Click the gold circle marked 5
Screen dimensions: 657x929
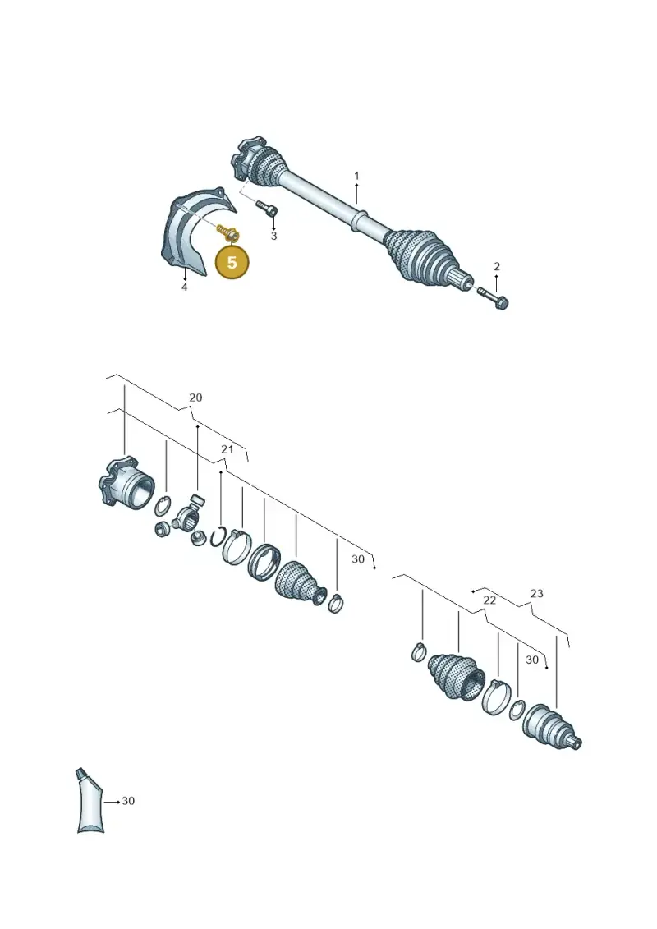pos(232,261)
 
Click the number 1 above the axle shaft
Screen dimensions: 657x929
pos(356,176)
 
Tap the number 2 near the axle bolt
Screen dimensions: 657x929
pos(497,267)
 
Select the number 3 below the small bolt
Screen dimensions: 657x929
pos(273,236)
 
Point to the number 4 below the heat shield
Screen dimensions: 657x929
pos(184,287)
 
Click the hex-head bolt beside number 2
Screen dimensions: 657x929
pos(492,298)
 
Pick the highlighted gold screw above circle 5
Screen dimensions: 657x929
pos(227,232)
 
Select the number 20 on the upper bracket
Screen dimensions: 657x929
pos(195,398)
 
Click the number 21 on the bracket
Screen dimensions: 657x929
pos(227,449)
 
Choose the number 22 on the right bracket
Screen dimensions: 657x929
pos(489,600)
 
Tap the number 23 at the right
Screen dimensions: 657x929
pos(537,593)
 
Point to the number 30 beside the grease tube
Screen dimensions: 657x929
pos(128,801)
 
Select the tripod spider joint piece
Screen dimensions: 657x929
pos(188,518)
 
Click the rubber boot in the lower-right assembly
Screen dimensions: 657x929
pos(456,674)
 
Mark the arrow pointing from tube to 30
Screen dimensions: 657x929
pos(112,802)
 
